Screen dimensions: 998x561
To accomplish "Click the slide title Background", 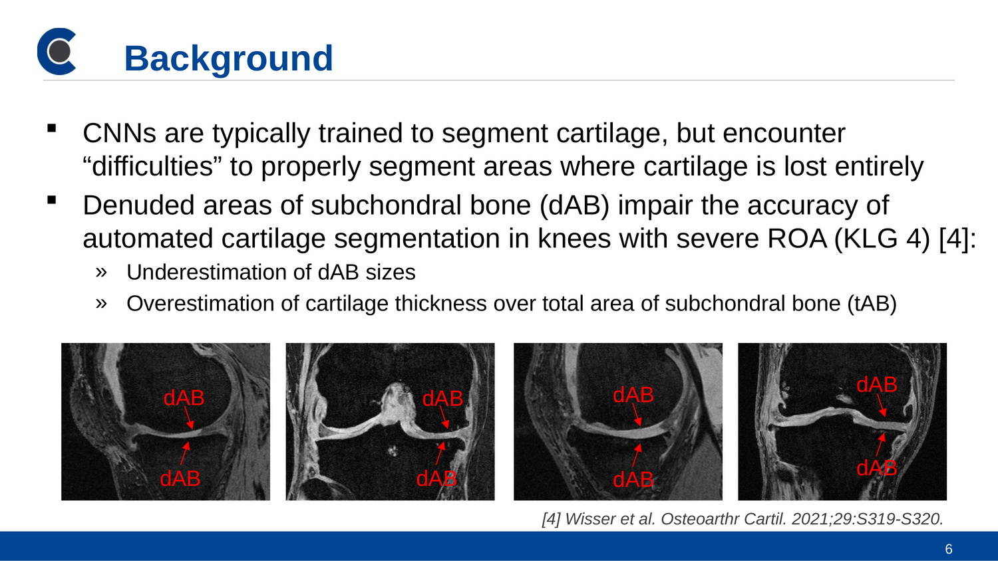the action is [229, 59].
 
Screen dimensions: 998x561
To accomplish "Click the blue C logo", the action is [56, 51].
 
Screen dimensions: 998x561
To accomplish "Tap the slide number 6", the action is [949, 549].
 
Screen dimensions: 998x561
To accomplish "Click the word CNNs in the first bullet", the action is [119, 133].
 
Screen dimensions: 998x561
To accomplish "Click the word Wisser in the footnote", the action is [587, 518].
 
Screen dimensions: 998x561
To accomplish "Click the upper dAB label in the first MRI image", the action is [184, 397].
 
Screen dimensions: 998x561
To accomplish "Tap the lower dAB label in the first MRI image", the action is [180, 478].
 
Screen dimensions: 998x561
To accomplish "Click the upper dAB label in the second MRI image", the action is [442, 398].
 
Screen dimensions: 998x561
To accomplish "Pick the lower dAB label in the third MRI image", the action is [633, 479].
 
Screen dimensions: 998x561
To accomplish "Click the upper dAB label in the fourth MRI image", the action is [877, 384].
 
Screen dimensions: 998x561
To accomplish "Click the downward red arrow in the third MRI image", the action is [637, 415].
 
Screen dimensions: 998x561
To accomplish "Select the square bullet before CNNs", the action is [52, 128].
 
